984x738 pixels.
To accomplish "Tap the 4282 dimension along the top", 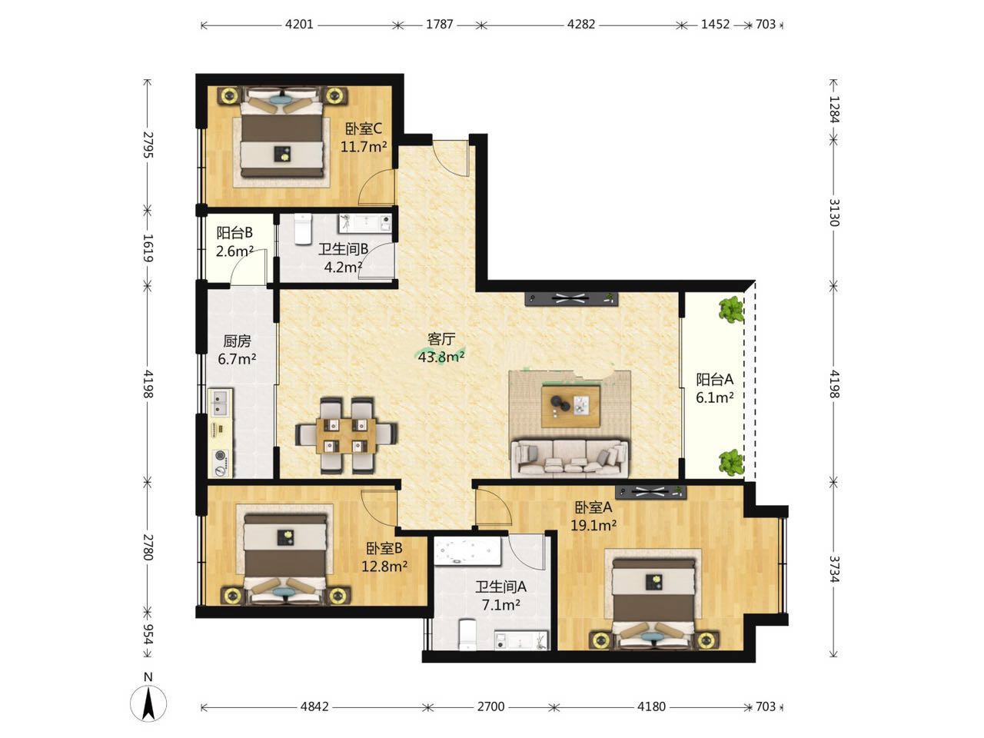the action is (581, 25).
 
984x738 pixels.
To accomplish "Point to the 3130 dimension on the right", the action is (833, 212).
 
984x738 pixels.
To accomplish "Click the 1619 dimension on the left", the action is (148, 248).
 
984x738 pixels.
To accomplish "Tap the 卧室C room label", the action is (363, 129).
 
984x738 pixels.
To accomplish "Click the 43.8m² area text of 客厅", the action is (441, 357).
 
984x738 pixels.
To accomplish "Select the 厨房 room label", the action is (237, 341).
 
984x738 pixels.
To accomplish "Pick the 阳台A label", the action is (715, 380).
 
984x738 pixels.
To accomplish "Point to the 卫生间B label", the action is (344, 249).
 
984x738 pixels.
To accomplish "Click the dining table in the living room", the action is (346, 435).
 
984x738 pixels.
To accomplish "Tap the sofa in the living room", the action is (570, 457).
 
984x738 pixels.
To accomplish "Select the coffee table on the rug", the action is (570, 407).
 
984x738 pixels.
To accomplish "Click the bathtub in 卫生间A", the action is (467, 552).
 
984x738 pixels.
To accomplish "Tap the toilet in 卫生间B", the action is (303, 229).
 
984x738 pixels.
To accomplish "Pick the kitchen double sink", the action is (221, 403).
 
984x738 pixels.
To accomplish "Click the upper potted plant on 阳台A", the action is (731, 309).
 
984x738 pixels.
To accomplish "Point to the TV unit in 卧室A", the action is (650, 493).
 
